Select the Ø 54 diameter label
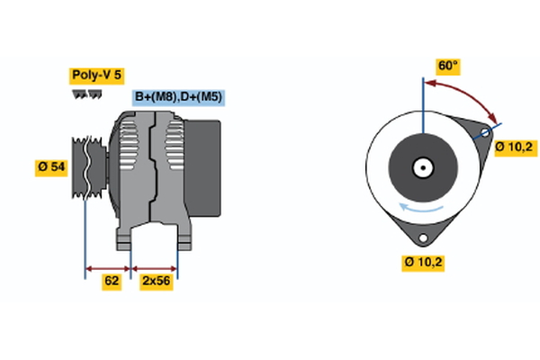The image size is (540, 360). tap(51, 167)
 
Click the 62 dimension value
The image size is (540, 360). tap(112, 281)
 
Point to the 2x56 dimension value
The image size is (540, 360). tap(156, 281)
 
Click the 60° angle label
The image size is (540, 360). tap(447, 66)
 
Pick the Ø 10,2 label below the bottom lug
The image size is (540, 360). tap(424, 262)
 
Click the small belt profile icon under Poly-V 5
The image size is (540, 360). tap(85, 94)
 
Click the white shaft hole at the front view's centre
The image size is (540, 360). tap(422, 167)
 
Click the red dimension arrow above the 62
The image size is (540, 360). tap(108, 267)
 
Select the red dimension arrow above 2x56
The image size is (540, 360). tap(155, 267)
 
